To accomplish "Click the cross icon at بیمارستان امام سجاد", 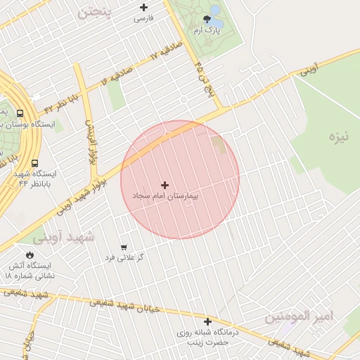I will [x=165, y=185].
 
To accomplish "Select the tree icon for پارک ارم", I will [x=207, y=20].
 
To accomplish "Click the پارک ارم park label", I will [x=207, y=31].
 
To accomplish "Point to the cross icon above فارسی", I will [x=143, y=7].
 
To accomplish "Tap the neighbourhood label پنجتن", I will [x=94, y=12].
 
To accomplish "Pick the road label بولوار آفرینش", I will [x=90, y=141].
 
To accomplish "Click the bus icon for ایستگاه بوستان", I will [x=20, y=112].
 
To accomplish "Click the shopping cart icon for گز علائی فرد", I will [x=124, y=247].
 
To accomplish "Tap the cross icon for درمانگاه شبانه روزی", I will [x=207, y=321].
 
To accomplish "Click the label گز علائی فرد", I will [x=124, y=257].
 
